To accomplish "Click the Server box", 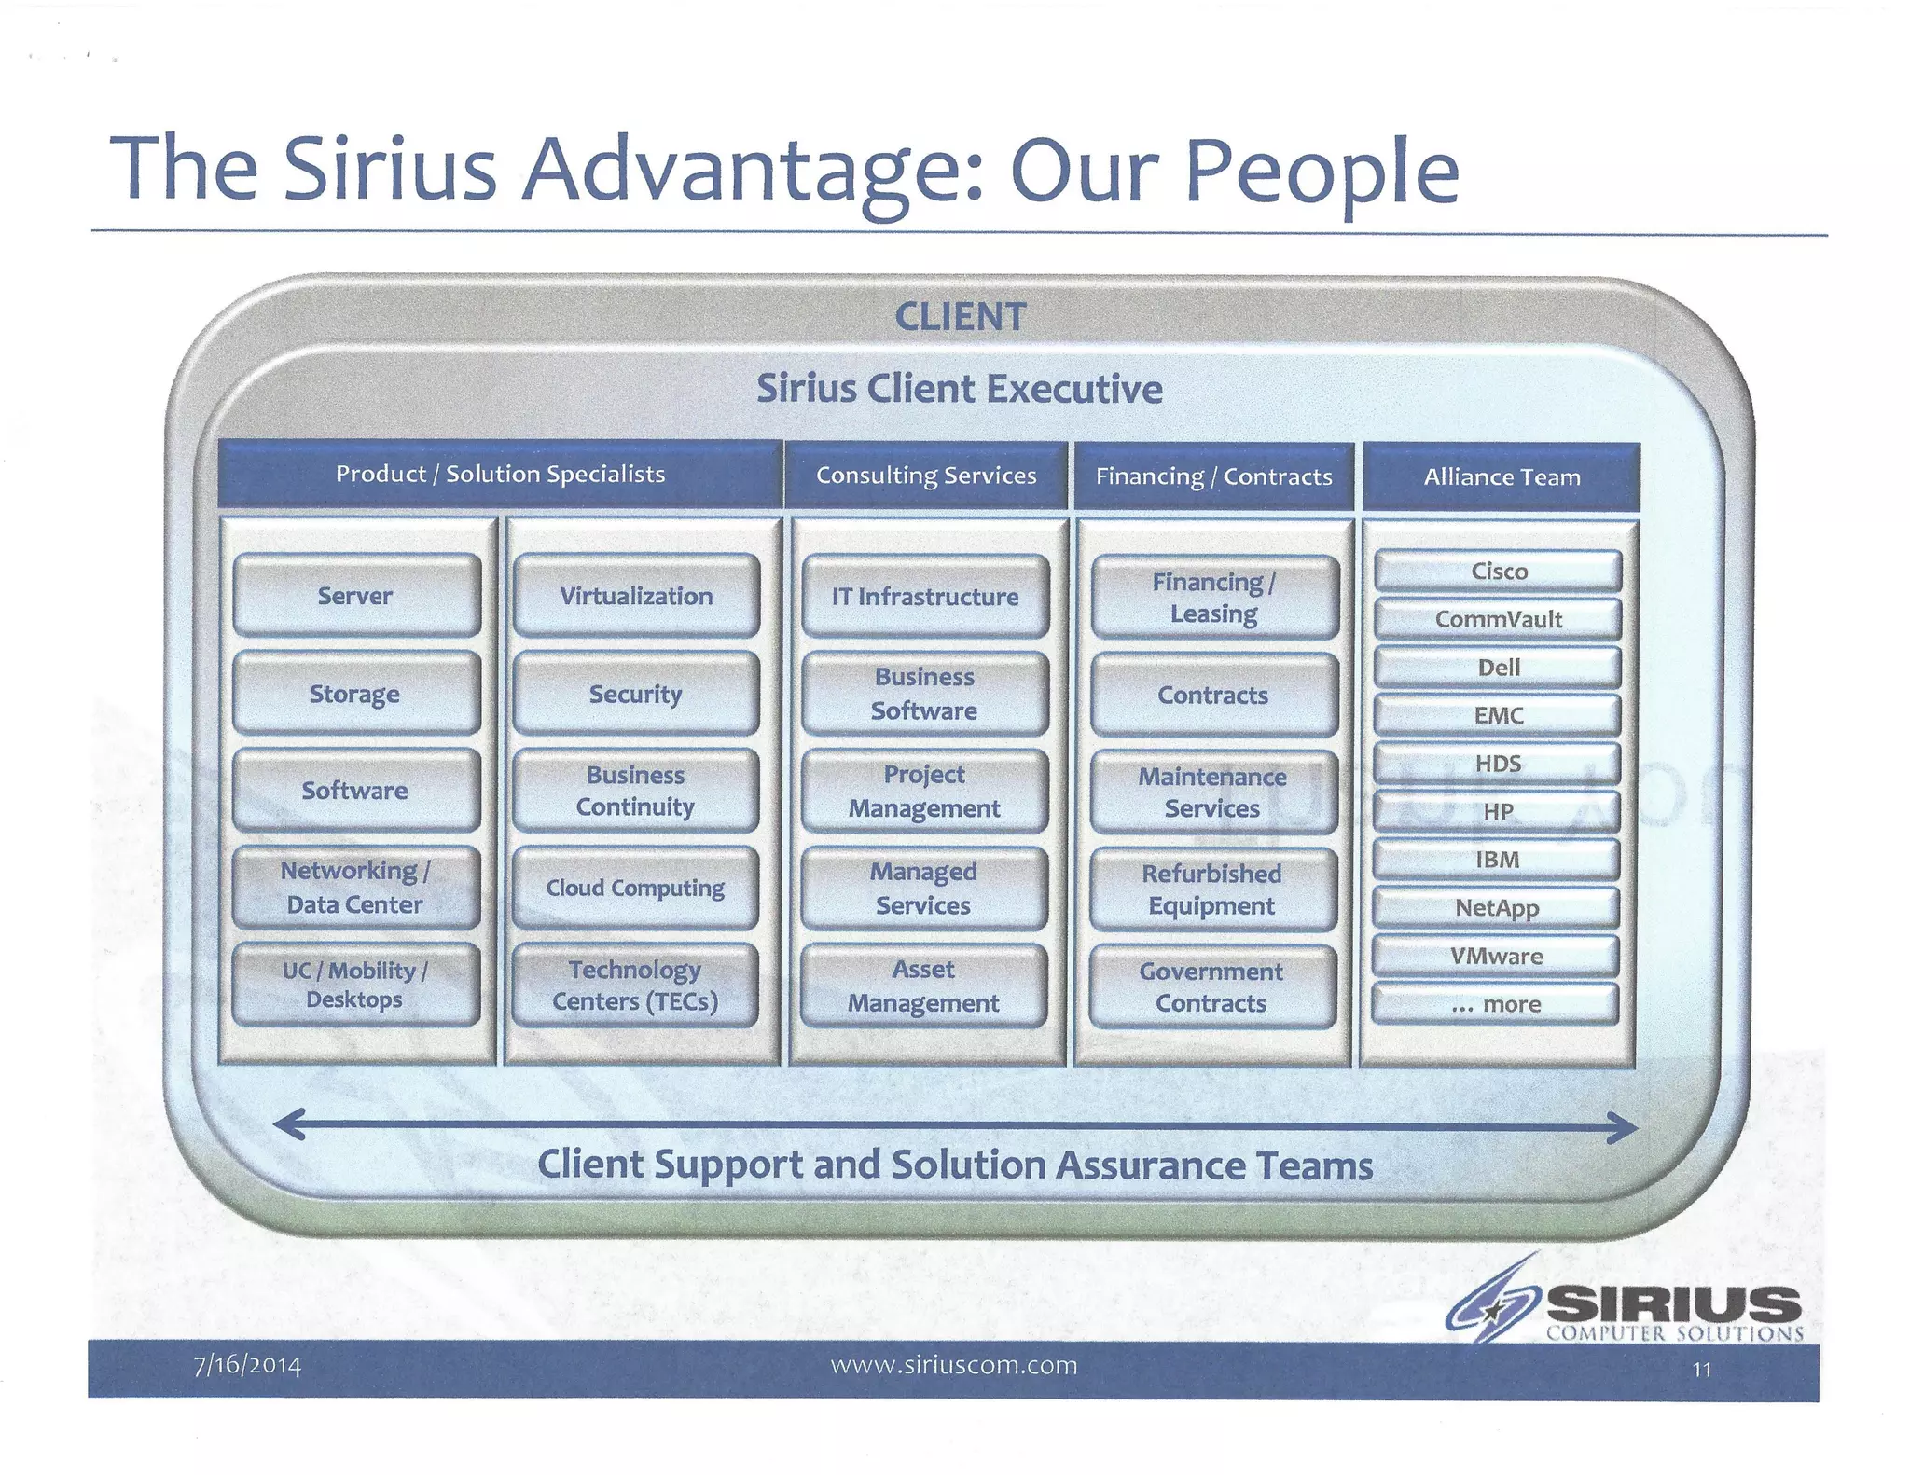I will pyautogui.click(x=356, y=596).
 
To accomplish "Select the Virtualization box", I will pyautogui.click(x=636, y=596).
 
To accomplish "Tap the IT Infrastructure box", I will pyautogui.click(x=925, y=597).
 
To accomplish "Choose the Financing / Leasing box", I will pyautogui.click(x=1214, y=598).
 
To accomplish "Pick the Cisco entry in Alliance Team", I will pyautogui.click(x=1498, y=571).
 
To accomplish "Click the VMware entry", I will pyautogui.click(x=1496, y=956).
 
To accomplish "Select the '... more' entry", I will pyautogui.click(x=1496, y=1004).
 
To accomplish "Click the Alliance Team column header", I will pyautogui.click(x=1502, y=476).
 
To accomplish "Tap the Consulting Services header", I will pyautogui.click(x=926, y=476).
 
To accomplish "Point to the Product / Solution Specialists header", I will pyautogui.click(x=501, y=474).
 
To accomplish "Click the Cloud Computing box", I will pyautogui.click(x=635, y=888).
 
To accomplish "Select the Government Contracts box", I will pyautogui.click(x=1211, y=987).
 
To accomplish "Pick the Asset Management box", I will pyautogui.click(x=923, y=986).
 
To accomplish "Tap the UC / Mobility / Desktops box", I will pyautogui.click(x=355, y=985).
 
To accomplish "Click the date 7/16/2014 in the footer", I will pyautogui.click(x=247, y=1366).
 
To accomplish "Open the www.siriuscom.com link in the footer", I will pyautogui.click(x=953, y=1366).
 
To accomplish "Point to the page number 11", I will pyautogui.click(x=1701, y=1370).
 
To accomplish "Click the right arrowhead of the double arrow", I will pyautogui.click(x=1625, y=1128).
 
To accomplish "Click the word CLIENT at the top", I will pyautogui.click(x=960, y=317).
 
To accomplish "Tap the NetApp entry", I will pyautogui.click(x=1497, y=908).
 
